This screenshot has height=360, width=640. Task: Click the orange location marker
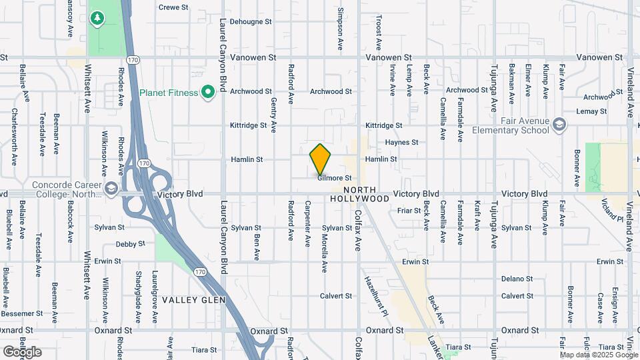pyautogui.click(x=321, y=159)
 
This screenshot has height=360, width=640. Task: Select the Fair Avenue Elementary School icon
pyautogui.click(x=558, y=125)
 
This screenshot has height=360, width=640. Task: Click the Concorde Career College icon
pyautogui.click(x=111, y=189)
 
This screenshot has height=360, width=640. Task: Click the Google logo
pyautogui.click(x=22, y=351)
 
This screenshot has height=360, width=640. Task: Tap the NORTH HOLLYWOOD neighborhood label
pyautogui.click(x=359, y=194)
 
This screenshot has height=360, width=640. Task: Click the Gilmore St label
pyautogui.click(x=334, y=178)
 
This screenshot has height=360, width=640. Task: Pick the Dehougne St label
pyautogui.click(x=251, y=21)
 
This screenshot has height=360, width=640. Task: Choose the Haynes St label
pyautogui.click(x=401, y=143)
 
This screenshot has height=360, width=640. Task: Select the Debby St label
pyautogui.click(x=129, y=244)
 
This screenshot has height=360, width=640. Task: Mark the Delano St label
pyautogui.click(x=517, y=279)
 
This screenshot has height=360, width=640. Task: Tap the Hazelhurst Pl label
pyautogui.click(x=371, y=287)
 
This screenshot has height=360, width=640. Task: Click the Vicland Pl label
pyautogui.click(x=611, y=209)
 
